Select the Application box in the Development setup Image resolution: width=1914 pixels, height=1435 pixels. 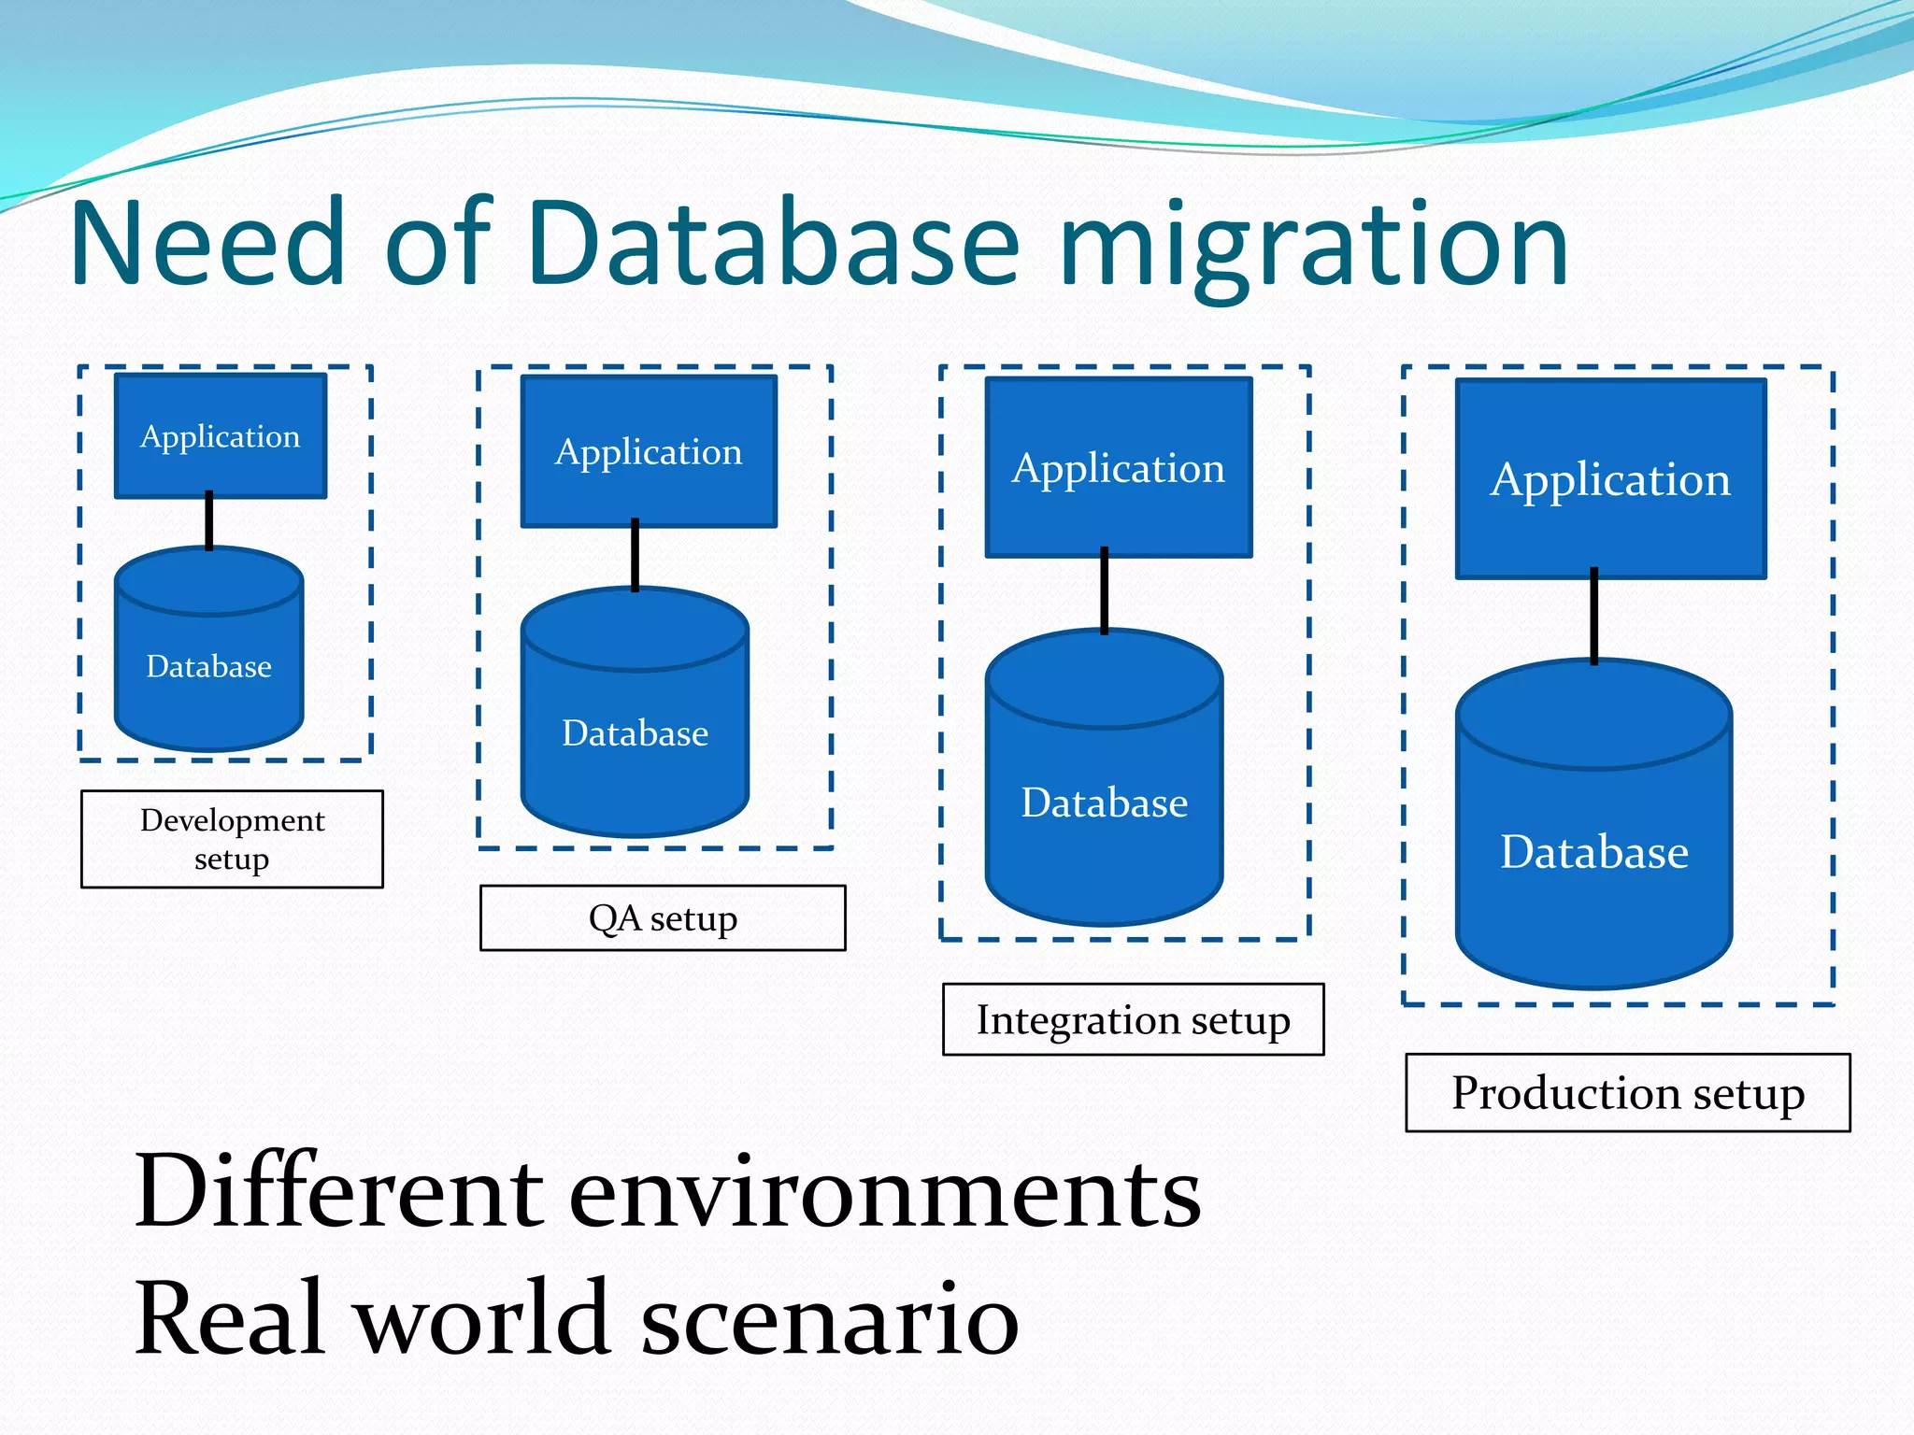click(221, 436)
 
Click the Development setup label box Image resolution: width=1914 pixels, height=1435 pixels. click(232, 839)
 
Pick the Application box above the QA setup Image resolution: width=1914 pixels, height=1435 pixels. click(649, 452)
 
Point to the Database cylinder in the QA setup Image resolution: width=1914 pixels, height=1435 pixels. click(636, 732)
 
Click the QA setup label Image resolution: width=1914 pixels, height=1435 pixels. click(663, 918)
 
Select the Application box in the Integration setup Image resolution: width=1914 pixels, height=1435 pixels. click(1118, 468)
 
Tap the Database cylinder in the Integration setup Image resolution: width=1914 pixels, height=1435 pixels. click(1104, 803)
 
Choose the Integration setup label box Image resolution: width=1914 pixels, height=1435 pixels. click(1133, 1019)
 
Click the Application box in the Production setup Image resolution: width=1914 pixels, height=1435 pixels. click(1610, 479)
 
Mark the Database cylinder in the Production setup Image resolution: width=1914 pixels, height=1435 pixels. click(1594, 851)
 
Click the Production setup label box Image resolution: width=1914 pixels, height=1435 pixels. click(1627, 1092)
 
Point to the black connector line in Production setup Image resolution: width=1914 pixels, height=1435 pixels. click(1593, 617)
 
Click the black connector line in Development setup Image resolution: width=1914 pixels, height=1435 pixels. click(209, 521)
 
